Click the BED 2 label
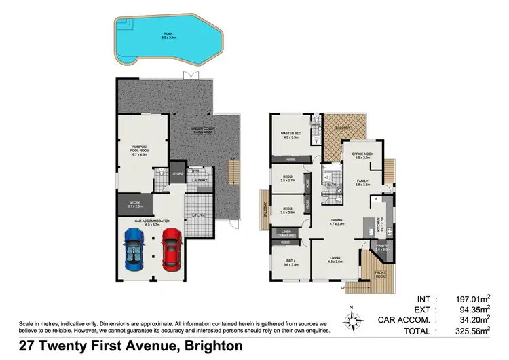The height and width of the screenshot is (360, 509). coord(287,178)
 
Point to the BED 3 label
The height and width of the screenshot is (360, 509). coord(287,209)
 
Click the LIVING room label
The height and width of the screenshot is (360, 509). coord(335,258)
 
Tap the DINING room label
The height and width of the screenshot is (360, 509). coord(337,219)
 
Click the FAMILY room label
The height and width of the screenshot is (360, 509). coord(363,181)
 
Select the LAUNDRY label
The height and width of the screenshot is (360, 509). coord(198,180)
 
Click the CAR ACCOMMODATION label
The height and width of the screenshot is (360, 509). coord(152,221)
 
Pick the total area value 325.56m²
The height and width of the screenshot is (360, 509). coord(476,331)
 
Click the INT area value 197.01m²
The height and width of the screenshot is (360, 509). coord(476,298)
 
